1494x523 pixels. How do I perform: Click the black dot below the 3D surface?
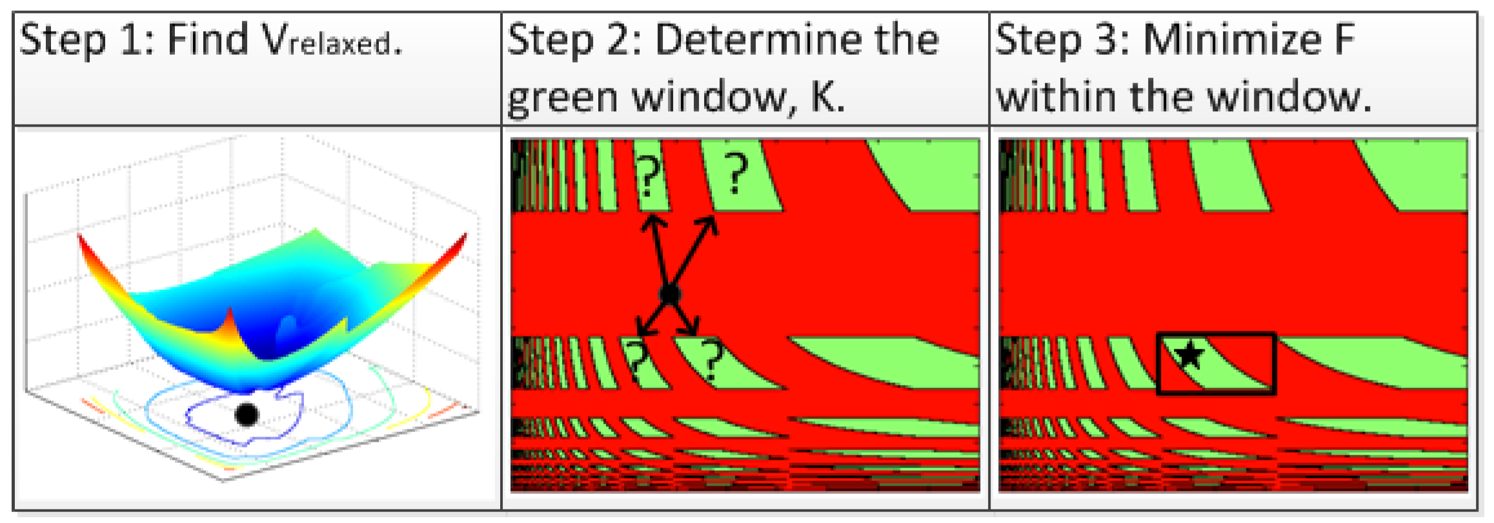(x=247, y=414)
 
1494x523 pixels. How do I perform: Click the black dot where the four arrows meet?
(x=670, y=294)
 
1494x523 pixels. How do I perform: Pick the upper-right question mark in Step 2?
(x=735, y=173)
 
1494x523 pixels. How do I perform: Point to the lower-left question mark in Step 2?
(x=638, y=360)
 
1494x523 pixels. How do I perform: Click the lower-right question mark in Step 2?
(x=712, y=359)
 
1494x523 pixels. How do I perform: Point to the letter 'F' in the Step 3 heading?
(x=1344, y=40)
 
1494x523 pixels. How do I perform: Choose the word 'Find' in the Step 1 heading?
(x=207, y=40)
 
